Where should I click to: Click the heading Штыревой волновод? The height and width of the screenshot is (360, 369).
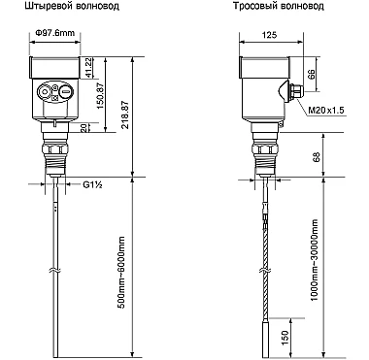72,6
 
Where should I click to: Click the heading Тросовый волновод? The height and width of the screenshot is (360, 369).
279,6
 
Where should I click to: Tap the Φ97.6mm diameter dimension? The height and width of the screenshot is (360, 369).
55,33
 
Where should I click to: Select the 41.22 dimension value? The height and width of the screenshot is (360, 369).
87,68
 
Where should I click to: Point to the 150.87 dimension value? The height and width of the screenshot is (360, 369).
101,96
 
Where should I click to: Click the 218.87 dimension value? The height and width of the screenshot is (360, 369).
125,115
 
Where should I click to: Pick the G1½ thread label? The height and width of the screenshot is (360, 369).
92,184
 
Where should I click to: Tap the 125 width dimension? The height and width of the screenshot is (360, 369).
270,35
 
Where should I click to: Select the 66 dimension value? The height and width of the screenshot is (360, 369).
311,75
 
